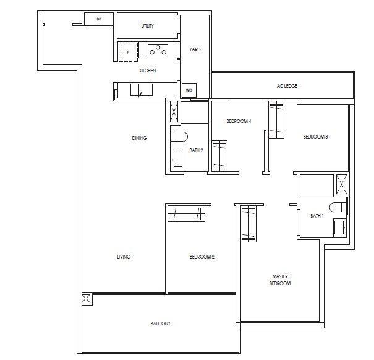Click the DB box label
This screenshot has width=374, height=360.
(x=99, y=20)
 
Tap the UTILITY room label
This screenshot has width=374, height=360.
(x=147, y=26)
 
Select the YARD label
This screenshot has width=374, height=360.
(x=195, y=49)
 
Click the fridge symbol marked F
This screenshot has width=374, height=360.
(x=128, y=52)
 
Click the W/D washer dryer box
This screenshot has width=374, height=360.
(x=189, y=90)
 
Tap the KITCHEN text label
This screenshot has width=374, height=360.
(x=147, y=71)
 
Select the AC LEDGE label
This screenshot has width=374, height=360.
(x=287, y=86)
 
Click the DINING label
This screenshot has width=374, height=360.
(x=139, y=138)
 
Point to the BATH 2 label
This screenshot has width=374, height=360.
(x=197, y=150)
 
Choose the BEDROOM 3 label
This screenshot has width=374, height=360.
(x=315, y=137)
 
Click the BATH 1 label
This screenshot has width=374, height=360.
(x=317, y=216)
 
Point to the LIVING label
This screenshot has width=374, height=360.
(x=124, y=257)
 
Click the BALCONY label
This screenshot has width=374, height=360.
(x=160, y=324)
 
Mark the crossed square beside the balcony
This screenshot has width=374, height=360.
(x=86, y=299)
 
